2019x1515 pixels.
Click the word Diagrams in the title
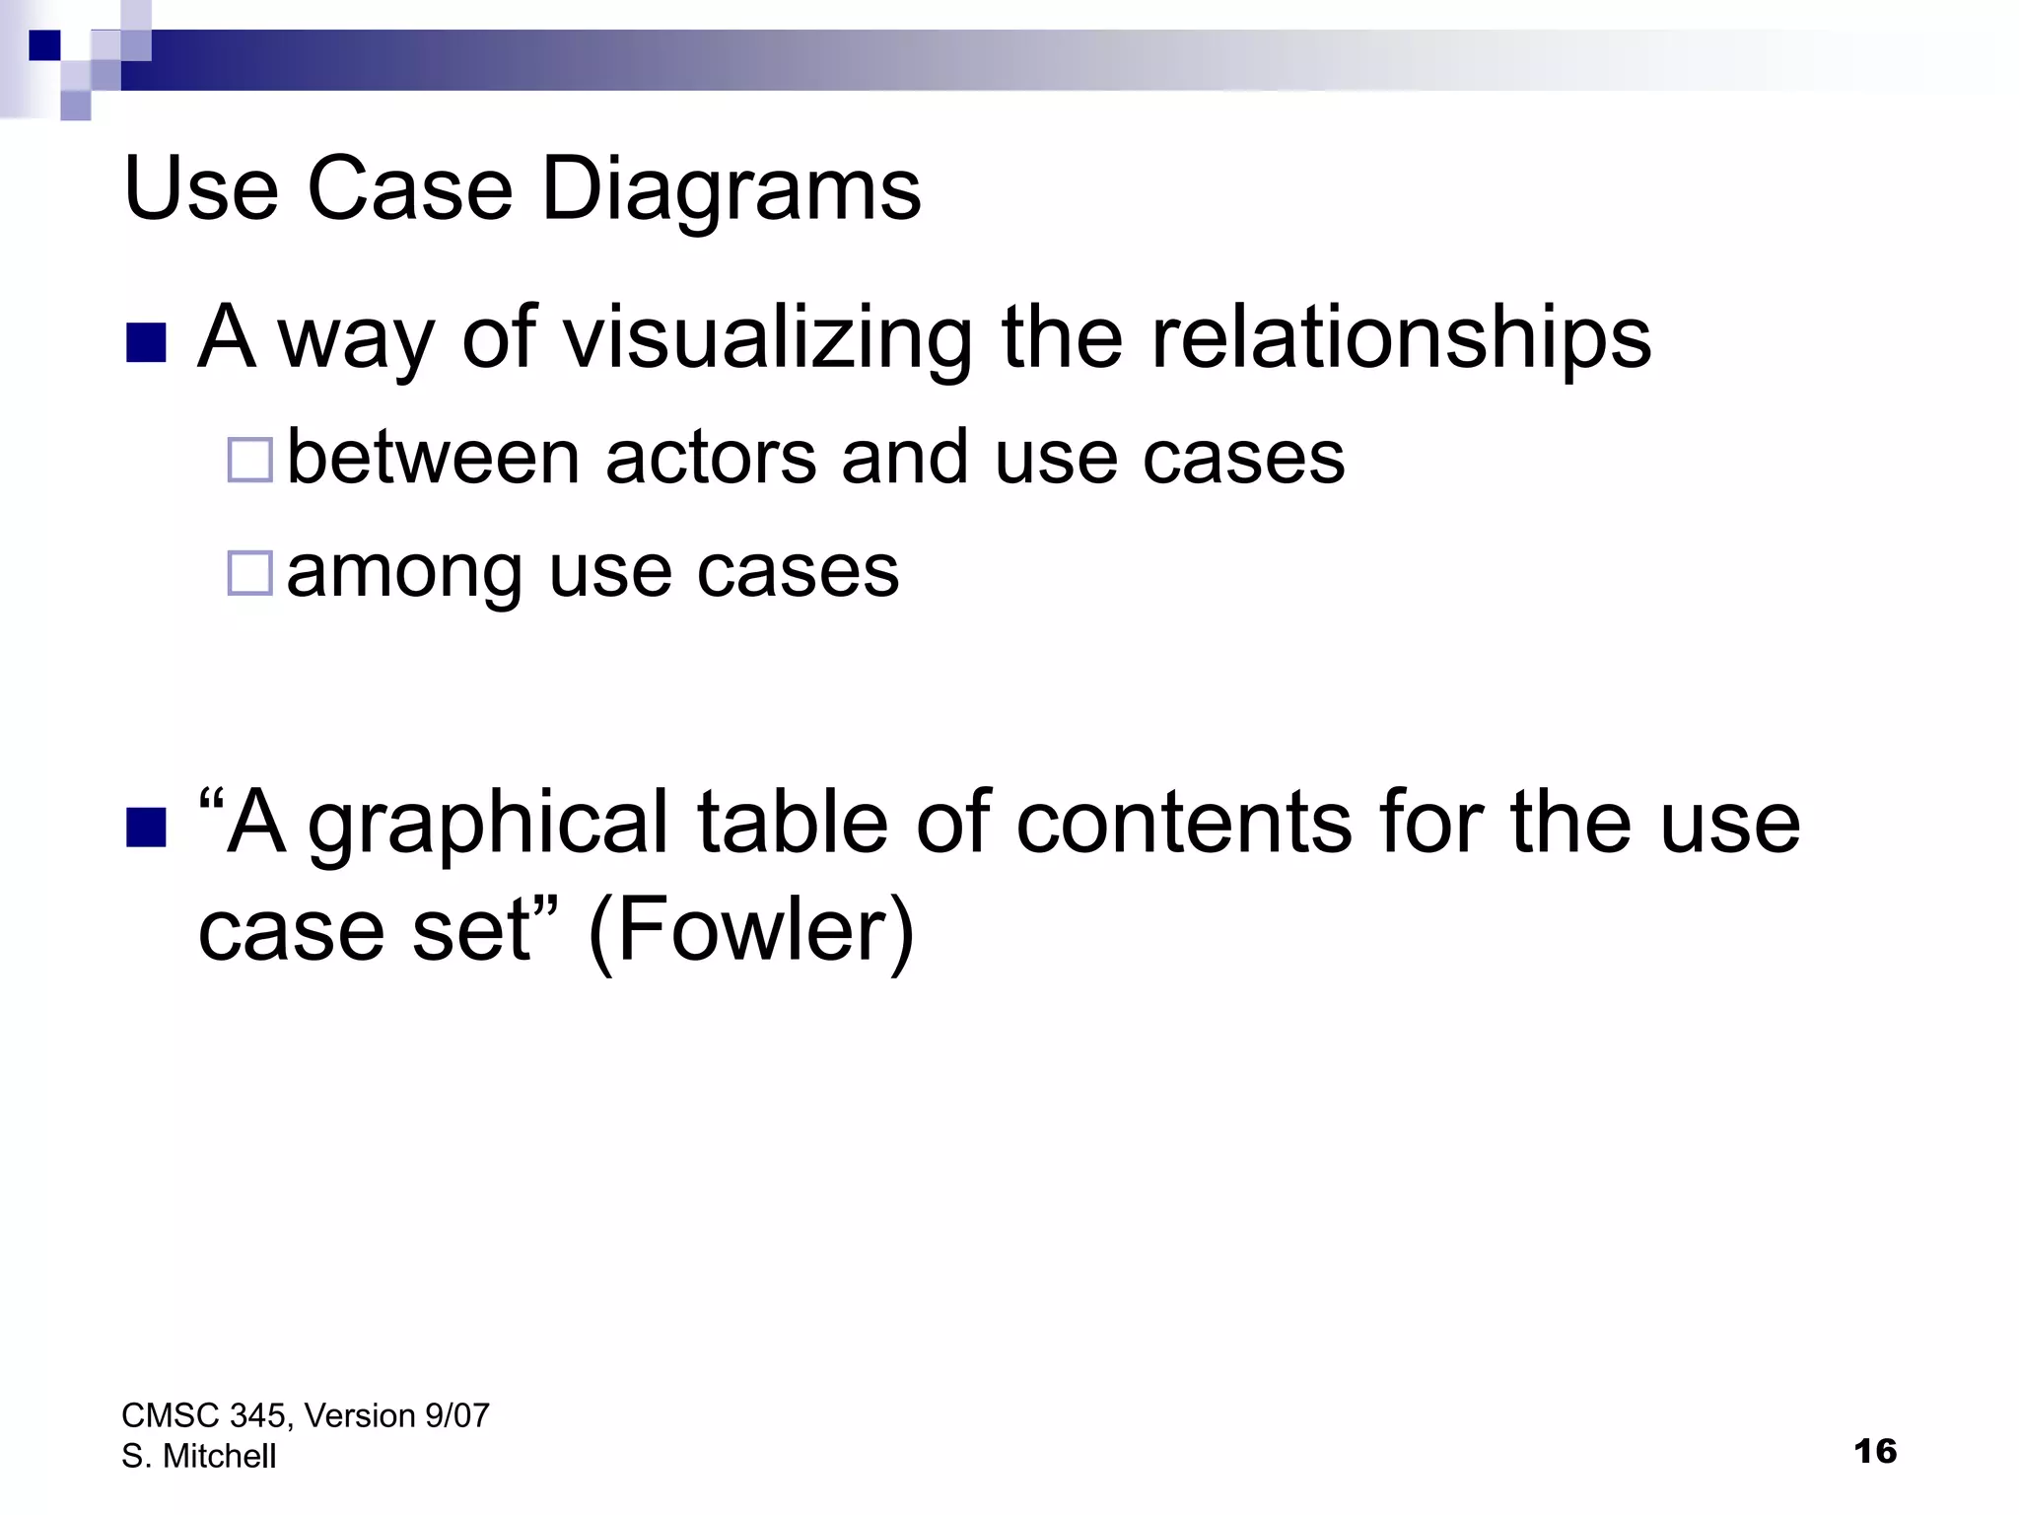731,189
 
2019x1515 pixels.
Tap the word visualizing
766,338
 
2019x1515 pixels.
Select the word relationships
1401,338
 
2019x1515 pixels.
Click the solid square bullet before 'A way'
146,343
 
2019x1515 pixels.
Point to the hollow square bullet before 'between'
249,460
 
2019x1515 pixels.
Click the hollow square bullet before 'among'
249,573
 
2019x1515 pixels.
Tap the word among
404,573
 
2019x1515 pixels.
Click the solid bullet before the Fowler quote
146,828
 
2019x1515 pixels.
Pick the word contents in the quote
1184,823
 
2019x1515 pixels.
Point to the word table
793,823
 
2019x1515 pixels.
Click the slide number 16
1875,1451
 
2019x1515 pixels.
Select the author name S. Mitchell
199,1456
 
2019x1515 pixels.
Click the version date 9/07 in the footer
456,1415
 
